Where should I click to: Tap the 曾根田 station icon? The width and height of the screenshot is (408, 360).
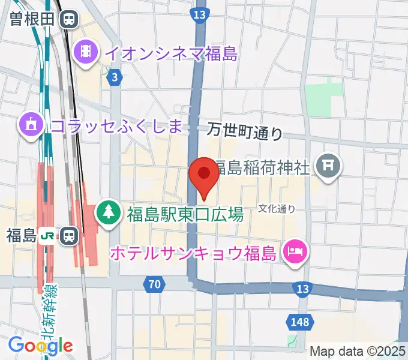click(x=69, y=19)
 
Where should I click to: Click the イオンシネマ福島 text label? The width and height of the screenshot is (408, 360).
click(x=171, y=53)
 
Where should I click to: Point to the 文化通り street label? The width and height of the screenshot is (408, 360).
click(x=277, y=208)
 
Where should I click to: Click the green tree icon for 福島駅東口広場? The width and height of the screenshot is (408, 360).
click(x=109, y=212)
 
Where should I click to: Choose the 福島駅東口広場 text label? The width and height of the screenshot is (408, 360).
click(x=185, y=213)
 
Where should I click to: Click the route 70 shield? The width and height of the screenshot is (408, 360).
click(x=155, y=284)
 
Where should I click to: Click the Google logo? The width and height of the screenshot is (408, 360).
click(x=40, y=345)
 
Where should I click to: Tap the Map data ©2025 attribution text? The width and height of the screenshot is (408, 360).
click(x=358, y=351)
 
